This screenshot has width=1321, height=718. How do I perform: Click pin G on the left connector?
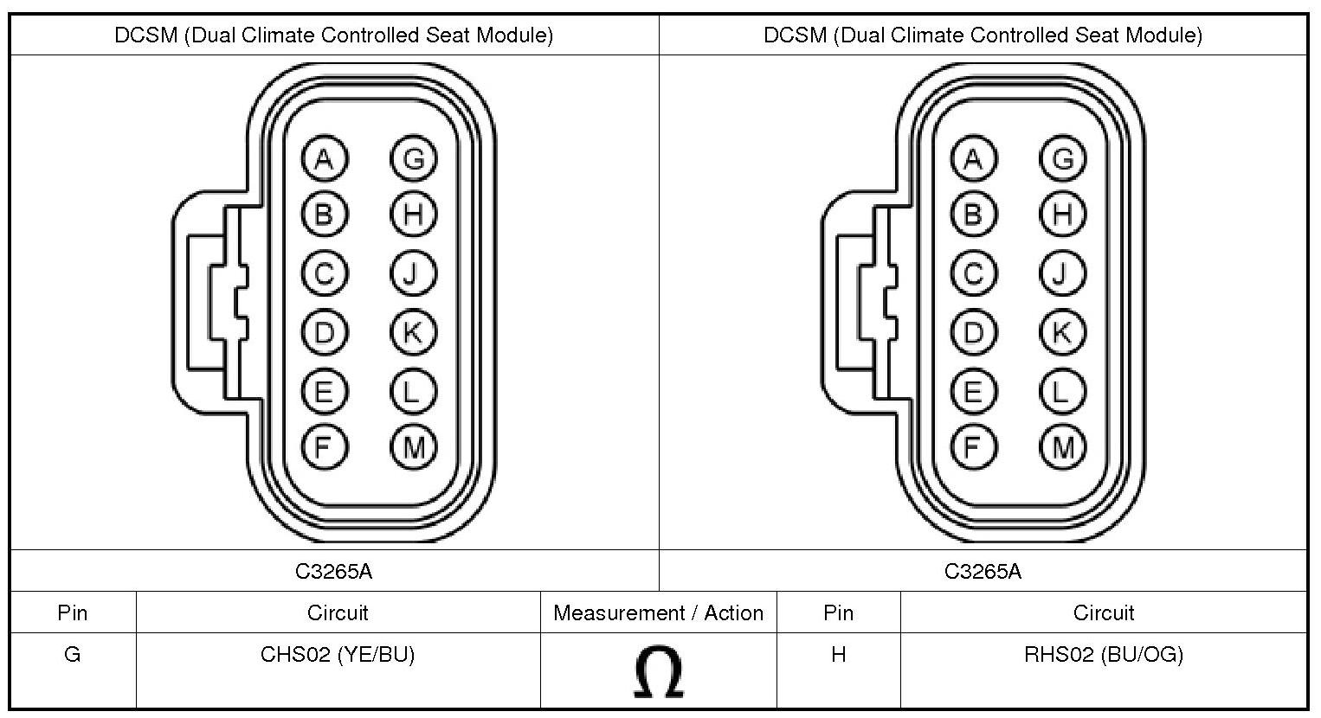click(x=413, y=158)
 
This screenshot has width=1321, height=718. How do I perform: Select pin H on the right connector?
click(x=1062, y=214)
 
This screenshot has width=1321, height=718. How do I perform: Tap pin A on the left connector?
click(x=324, y=158)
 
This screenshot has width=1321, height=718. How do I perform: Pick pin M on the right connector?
click(x=1062, y=446)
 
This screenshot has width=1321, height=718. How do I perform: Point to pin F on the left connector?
click(x=324, y=446)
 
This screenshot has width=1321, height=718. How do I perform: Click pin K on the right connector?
click(x=1062, y=332)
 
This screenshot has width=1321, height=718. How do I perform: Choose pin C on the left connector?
click(x=324, y=274)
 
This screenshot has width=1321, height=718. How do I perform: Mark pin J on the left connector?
click(x=413, y=274)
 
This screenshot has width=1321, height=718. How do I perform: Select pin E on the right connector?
click(x=973, y=392)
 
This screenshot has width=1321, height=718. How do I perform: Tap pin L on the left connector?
click(x=413, y=392)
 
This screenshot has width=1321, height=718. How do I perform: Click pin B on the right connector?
click(x=973, y=214)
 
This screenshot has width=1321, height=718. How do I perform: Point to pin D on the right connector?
click(x=973, y=332)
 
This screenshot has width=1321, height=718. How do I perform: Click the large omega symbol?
click(x=658, y=673)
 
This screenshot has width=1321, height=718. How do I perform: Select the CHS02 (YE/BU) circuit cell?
click(x=338, y=655)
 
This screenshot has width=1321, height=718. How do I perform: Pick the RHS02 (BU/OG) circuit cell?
click(x=1103, y=655)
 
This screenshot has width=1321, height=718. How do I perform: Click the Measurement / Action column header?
click(x=658, y=613)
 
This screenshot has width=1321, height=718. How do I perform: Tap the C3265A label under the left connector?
click(x=334, y=571)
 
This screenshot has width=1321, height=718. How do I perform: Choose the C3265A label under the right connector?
click(x=983, y=571)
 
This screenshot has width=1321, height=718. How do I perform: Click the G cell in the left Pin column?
click(x=73, y=655)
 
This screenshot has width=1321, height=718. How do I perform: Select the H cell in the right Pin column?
click(x=838, y=655)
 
